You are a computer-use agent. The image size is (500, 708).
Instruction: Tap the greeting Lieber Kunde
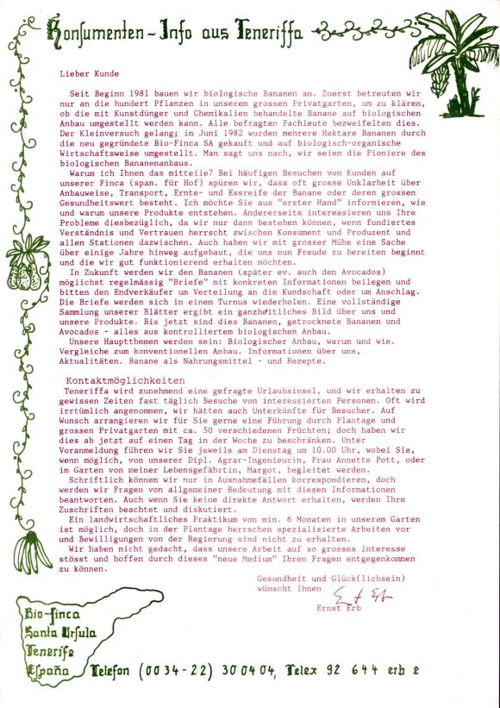(x=91, y=75)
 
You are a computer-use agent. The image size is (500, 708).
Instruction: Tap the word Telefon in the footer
(x=122, y=670)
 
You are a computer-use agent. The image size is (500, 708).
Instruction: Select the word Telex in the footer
(x=305, y=669)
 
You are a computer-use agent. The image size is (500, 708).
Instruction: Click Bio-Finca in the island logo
(x=53, y=616)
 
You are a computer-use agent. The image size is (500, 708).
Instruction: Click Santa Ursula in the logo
(x=59, y=634)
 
